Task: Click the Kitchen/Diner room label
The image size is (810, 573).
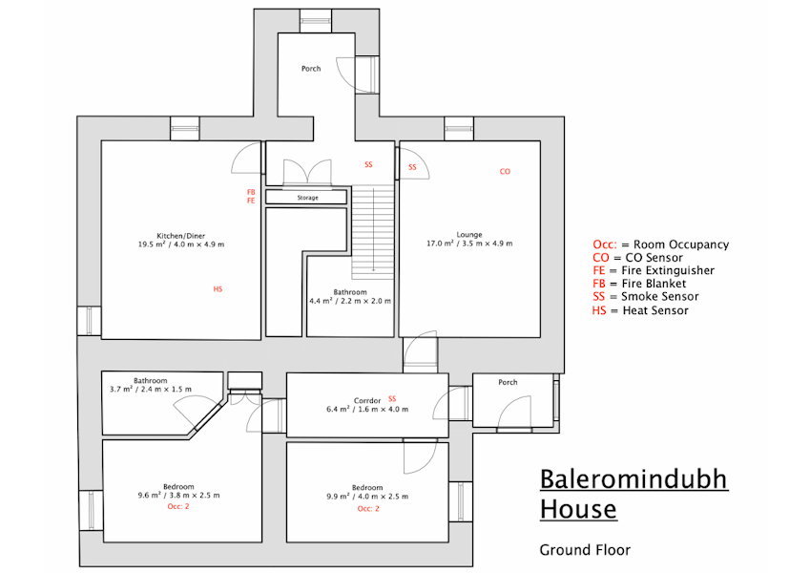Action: [181, 236]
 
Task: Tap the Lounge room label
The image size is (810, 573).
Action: [469, 235]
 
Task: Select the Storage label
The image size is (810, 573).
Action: [307, 198]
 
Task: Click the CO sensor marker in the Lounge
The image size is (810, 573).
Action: [505, 172]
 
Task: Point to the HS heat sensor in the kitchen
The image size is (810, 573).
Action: [218, 289]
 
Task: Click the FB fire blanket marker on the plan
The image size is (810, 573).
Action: [251, 192]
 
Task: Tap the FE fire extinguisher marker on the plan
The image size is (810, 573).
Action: [251, 201]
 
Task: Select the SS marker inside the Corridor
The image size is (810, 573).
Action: [392, 399]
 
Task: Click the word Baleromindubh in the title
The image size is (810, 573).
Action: [633, 478]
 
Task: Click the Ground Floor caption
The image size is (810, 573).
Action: [585, 550]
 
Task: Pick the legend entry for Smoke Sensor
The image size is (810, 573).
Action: [646, 297]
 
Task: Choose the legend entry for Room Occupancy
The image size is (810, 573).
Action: [661, 244]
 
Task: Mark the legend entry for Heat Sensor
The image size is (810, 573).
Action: [640, 310]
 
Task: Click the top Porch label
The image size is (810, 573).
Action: [311, 68]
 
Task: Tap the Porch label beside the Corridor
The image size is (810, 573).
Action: [508, 382]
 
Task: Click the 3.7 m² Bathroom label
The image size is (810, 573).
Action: [151, 381]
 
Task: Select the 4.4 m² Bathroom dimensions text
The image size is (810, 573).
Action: [350, 301]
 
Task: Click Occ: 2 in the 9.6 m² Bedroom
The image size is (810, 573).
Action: [178, 506]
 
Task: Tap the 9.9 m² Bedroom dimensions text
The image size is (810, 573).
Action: [367, 497]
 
